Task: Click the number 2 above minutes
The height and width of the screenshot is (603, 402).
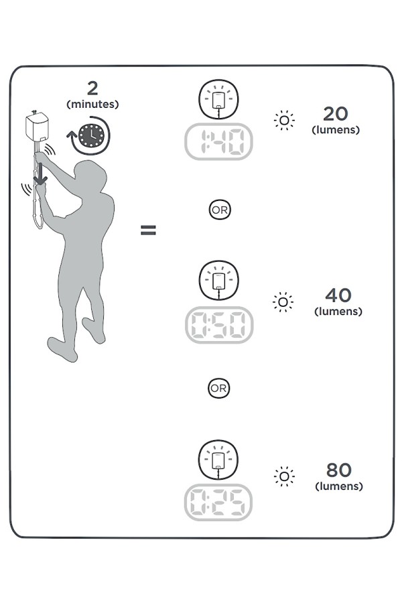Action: click(92, 88)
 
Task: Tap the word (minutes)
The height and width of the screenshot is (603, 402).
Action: click(92, 105)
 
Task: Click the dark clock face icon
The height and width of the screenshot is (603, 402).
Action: click(92, 136)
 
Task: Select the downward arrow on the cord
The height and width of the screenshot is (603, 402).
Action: click(40, 174)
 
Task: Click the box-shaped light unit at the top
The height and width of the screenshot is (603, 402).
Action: click(38, 126)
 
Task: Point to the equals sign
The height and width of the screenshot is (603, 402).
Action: click(148, 230)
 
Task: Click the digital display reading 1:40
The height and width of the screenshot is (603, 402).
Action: click(218, 141)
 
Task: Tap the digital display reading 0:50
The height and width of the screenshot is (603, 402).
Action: click(219, 325)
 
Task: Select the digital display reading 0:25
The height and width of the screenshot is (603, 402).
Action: click(218, 503)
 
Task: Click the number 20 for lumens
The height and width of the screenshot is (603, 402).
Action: click(336, 114)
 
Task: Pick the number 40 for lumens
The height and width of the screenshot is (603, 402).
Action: click(338, 295)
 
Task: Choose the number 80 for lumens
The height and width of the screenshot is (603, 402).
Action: click(339, 470)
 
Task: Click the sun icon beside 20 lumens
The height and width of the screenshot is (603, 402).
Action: click(284, 121)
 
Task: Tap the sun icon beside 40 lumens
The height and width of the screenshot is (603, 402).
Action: click(283, 302)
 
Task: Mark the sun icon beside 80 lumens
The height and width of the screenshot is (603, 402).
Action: click(284, 476)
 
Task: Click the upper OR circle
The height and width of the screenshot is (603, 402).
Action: click(220, 210)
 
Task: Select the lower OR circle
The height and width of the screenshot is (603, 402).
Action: click(219, 388)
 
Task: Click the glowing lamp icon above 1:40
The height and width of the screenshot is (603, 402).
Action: click(218, 99)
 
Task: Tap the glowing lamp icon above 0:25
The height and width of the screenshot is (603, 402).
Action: click(218, 460)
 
